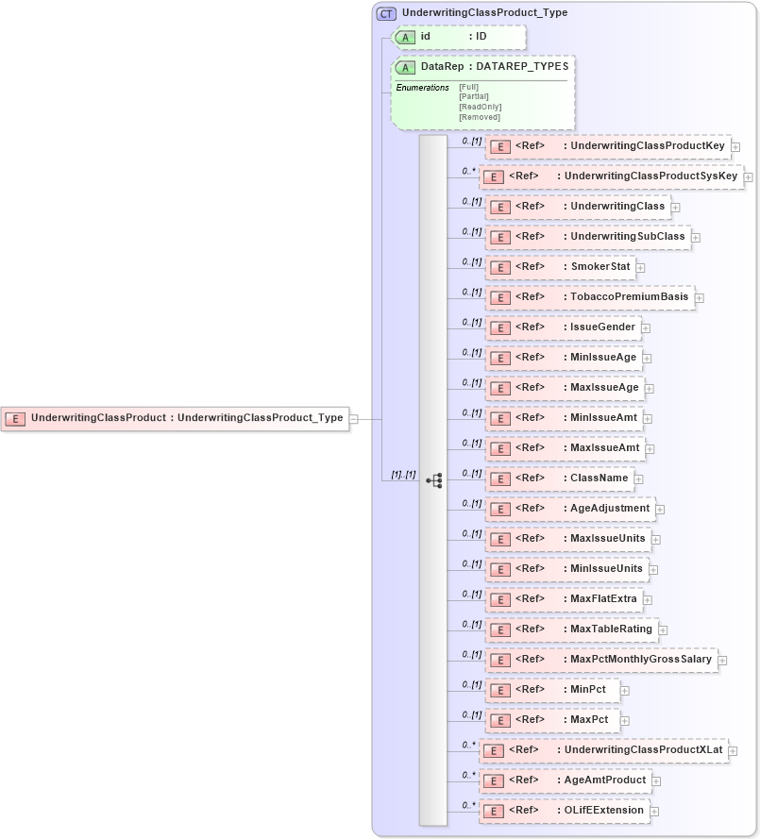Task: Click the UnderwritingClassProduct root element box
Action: pos(175,418)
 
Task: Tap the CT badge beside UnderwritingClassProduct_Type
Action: pos(385,13)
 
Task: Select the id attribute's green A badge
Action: pos(405,37)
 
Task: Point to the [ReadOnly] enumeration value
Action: pos(480,107)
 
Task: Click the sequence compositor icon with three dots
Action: pos(434,480)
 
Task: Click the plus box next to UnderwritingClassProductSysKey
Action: pos(748,176)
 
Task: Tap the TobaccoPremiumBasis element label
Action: pos(629,297)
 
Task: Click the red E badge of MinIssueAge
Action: pos(499,358)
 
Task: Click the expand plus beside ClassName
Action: pos(639,479)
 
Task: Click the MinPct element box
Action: pos(552,690)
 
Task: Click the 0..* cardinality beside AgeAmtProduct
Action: pos(468,775)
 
